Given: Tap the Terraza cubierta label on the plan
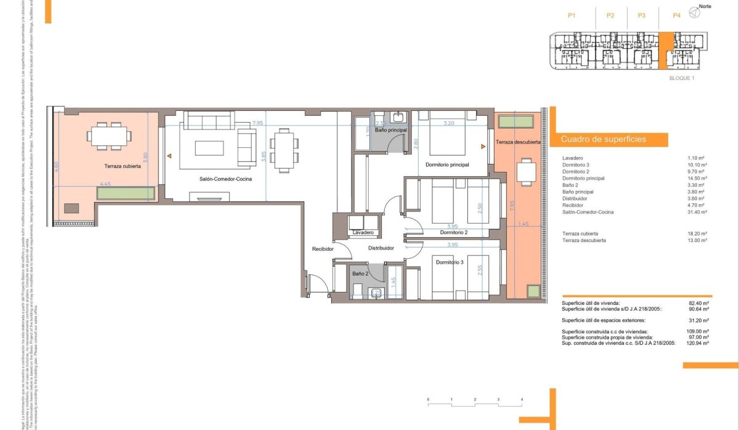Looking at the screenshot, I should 123,166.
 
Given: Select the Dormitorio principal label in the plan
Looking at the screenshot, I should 447,164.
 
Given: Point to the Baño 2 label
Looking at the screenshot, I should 360,273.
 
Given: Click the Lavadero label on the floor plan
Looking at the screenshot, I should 364,232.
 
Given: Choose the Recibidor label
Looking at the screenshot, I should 323,249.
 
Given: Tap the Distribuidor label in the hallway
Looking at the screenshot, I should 381,248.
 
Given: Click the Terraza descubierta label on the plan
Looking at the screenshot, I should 518,142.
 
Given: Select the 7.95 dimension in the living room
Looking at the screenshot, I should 257,123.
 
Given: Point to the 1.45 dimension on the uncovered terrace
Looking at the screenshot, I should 523,224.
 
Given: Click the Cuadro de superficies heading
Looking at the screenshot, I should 604,140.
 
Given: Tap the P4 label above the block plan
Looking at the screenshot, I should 677,15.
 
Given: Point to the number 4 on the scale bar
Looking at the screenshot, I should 522,400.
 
